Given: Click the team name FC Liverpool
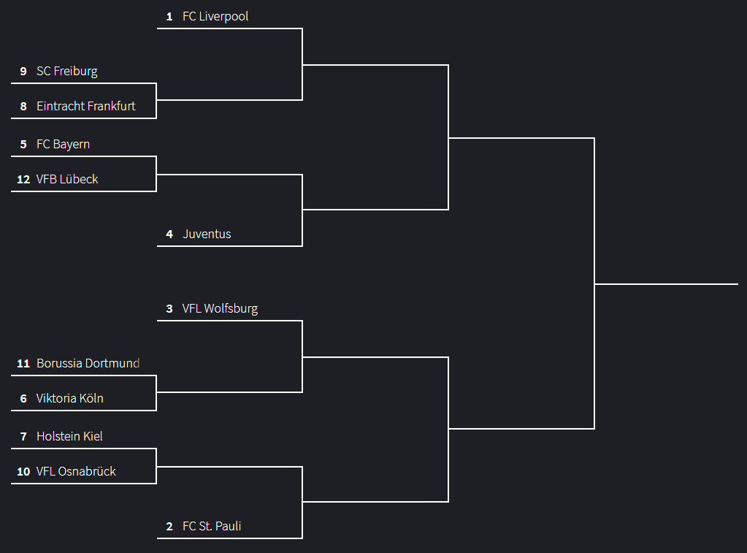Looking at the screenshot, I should [x=215, y=16].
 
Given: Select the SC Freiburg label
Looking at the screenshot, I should [x=67, y=71].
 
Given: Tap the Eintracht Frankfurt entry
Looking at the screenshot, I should [x=86, y=106].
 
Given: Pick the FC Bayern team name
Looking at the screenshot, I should [x=64, y=144].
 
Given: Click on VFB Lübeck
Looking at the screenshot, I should [x=67, y=179].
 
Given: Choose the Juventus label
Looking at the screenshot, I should [x=207, y=234].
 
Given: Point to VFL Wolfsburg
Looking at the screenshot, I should [x=220, y=308].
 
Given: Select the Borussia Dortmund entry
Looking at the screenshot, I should [x=88, y=363].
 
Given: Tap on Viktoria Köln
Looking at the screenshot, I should [x=70, y=398].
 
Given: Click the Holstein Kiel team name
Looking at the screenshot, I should [x=69, y=436].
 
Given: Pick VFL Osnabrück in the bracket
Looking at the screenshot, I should [x=76, y=471].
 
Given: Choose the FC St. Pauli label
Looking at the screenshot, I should [x=212, y=526].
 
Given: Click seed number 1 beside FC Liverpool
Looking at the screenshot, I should [x=169, y=16].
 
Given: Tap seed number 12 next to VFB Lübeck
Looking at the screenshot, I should [x=23, y=179].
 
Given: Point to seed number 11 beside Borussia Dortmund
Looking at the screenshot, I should [x=23, y=363].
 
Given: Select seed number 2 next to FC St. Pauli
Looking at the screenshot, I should [x=169, y=526].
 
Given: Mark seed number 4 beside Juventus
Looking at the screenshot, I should [x=169, y=234].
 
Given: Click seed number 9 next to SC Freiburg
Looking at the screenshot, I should [x=23, y=71].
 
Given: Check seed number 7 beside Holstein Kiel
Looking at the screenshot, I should [x=23, y=436].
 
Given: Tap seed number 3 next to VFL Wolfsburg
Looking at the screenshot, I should [x=169, y=308].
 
